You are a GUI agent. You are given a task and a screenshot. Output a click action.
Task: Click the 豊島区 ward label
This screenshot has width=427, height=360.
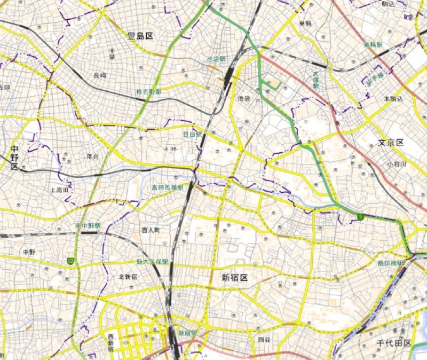pyautogui.click(x=140, y=36)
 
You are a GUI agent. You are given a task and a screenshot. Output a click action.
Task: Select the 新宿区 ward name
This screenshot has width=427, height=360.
pyautogui.click(x=235, y=277)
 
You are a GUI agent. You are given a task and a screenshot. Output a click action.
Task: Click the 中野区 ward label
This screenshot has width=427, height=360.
pyautogui.click(x=14, y=158)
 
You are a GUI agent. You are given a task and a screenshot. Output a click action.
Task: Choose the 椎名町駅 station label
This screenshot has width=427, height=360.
pyautogui.click(x=149, y=92)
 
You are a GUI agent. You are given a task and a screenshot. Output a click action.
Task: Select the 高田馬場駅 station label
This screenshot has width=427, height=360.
pyautogui.click(x=167, y=187)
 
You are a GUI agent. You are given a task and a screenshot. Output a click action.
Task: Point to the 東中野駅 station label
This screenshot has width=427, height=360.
pyautogui.click(x=89, y=226)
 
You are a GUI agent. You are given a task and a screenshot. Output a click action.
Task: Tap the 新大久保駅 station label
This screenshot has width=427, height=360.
pyautogui.click(x=152, y=262)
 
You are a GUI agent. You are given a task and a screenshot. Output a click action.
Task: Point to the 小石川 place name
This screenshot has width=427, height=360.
pyautogui.click(x=397, y=165)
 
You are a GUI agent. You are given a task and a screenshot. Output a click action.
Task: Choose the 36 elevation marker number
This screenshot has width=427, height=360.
pyautogui.click(x=173, y=149)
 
